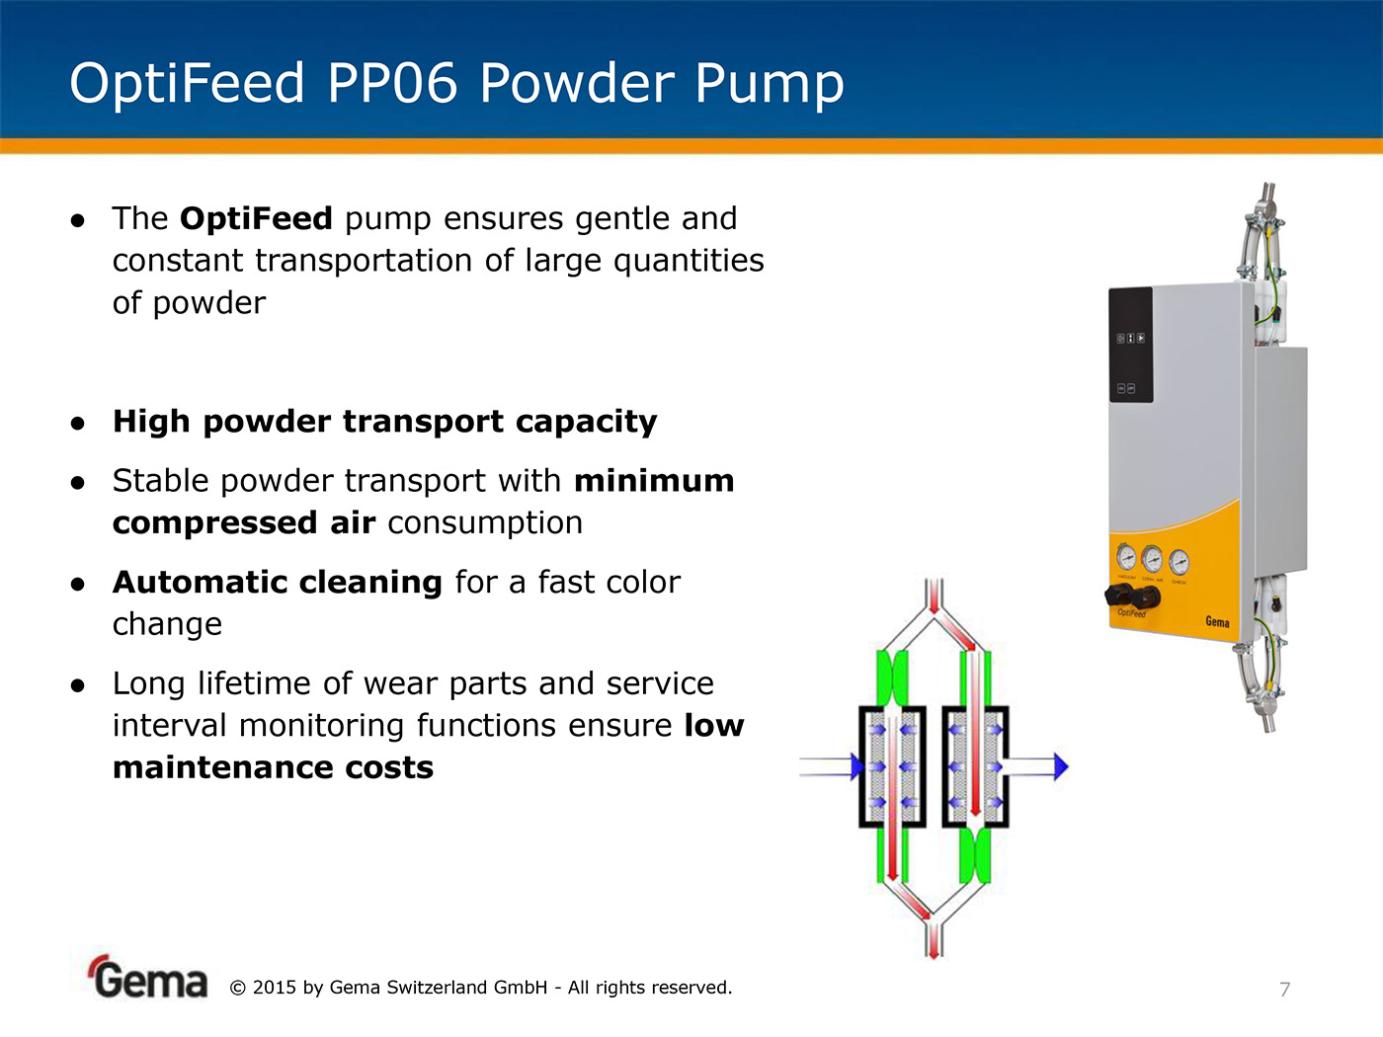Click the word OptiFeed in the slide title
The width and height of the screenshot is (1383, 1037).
(x=187, y=85)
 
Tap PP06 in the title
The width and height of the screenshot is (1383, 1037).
(x=392, y=83)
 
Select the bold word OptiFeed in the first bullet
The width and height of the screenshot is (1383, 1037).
(x=256, y=219)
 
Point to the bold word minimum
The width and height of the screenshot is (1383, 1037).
(x=654, y=480)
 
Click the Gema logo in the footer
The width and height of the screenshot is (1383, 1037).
(x=147, y=977)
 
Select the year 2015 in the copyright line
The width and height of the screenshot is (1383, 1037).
(x=274, y=988)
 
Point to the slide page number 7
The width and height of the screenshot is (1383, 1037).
(x=1285, y=990)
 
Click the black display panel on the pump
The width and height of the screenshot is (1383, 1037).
(x=1131, y=345)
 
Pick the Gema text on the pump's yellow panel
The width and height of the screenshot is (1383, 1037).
(x=1217, y=621)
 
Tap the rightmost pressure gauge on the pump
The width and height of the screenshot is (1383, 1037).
(x=1179, y=562)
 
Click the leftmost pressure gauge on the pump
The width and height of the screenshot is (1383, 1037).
(x=1126, y=557)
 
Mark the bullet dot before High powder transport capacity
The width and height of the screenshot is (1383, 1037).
(x=77, y=423)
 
